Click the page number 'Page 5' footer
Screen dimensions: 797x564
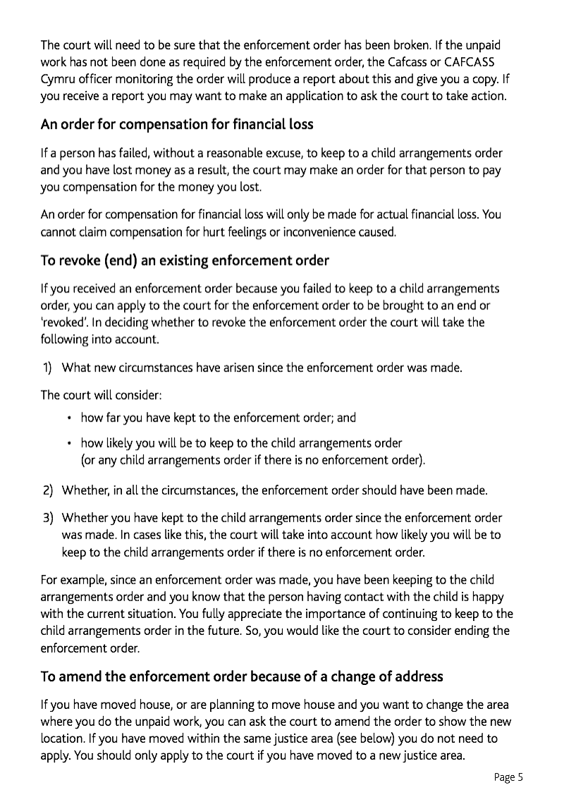click(x=508, y=777)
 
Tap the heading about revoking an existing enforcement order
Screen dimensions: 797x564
click(x=185, y=261)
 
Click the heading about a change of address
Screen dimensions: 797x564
click(x=242, y=676)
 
